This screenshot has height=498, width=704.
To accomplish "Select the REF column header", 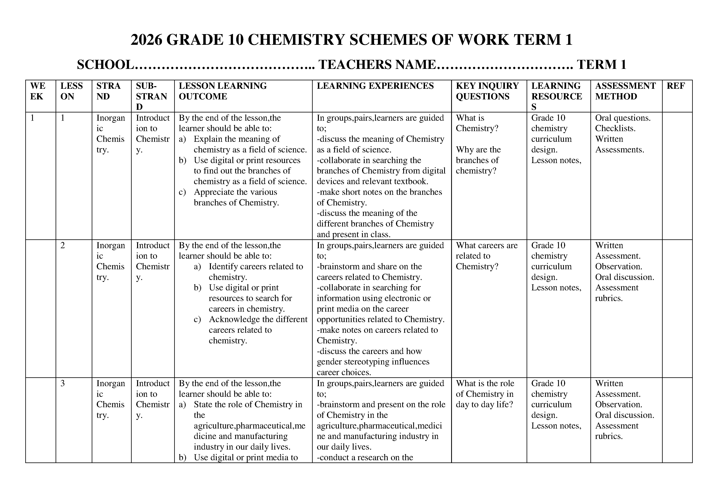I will pyautogui.click(x=676, y=86).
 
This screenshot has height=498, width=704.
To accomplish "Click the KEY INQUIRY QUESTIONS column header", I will pyautogui.click(x=487, y=91).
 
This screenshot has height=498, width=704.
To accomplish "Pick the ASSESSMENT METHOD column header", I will pyautogui.click(x=625, y=91).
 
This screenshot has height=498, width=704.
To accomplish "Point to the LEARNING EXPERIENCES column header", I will pyautogui.click(x=375, y=86).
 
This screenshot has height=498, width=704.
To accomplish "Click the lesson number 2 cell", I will pyautogui.click(x=63, y=245).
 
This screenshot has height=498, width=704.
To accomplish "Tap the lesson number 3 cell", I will pyautogui.click(x=63, y=384).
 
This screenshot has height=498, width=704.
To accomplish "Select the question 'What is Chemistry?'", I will pyautogui.click(x=477, y=123).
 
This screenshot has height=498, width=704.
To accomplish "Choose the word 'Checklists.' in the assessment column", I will pyautogui.click(x=615, y=128).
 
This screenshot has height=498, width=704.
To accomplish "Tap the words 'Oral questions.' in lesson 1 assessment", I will pyautogui.click(x=623, y=118).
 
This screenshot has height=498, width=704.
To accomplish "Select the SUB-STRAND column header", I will pyautogui.click(x=152, y=96).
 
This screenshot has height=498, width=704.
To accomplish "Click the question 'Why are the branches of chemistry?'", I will pyautogui.click(x=478, y=160).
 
